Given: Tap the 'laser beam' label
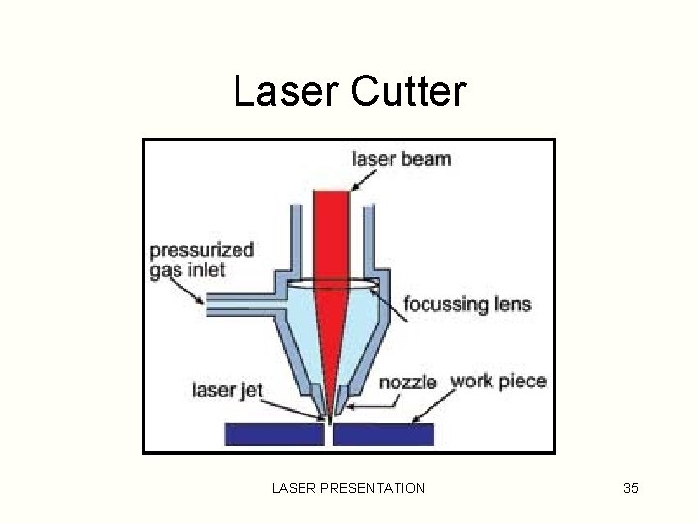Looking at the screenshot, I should (400, 158).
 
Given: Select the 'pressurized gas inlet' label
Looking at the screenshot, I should (201, 259).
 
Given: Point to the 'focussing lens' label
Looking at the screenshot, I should (468, 304).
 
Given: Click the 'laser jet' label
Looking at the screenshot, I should (226, 390).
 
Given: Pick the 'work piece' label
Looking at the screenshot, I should (498, 381).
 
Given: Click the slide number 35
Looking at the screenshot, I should (630, 488).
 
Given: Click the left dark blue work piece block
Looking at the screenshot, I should (273, 435).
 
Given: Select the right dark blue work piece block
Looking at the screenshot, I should (384, 435).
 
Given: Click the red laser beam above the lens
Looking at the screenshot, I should (331, 232).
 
